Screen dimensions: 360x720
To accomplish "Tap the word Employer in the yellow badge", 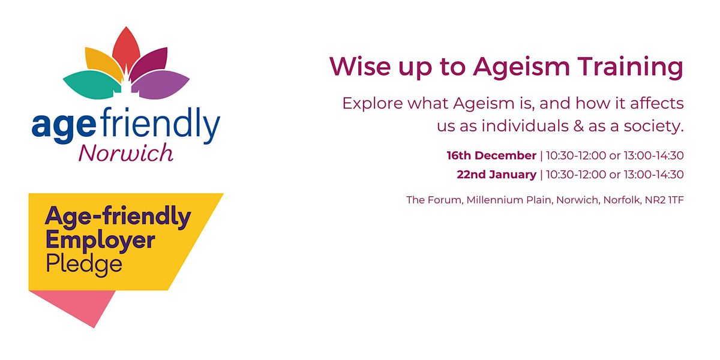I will pyautogui.click(x=100, y=241).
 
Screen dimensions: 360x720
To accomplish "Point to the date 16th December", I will pyautogui.click(x=491, y=156).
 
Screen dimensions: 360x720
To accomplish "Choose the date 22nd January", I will pyautogui.click(x=496, y=175).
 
